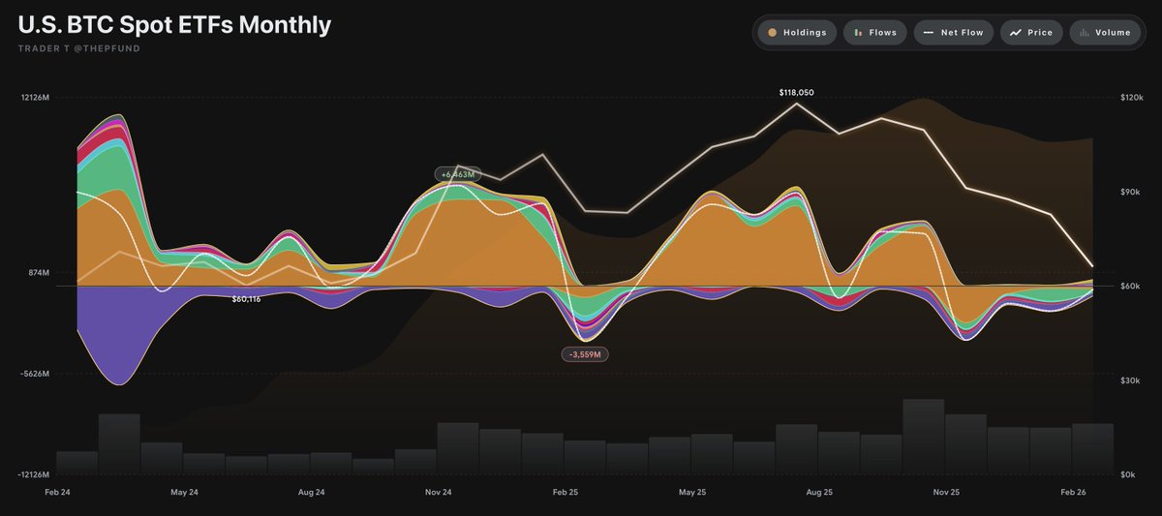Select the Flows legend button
tap(874, 32)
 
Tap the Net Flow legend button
tap(953, 32)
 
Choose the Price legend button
tap(1030, 32)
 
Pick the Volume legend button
tap(1105, 32)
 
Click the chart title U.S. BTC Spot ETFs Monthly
tap(174, 25)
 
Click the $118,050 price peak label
tap(796, 92)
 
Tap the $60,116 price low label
tap(246, 299)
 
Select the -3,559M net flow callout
tap(585, 354)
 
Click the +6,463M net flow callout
tap(457, 174)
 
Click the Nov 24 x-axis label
tap(439, 493)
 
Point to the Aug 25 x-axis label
tap(819, 493)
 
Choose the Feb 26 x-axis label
tap(1074, 493)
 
